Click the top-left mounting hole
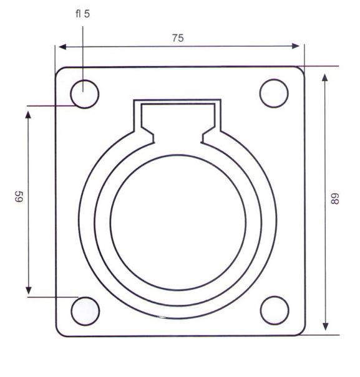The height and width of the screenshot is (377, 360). coord(84,94)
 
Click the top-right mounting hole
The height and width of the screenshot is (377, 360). coord(274,93)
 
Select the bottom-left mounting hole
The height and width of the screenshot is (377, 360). coord(85,311)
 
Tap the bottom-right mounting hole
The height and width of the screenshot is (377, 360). coord(275,310)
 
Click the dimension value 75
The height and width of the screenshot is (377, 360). coord(178,38)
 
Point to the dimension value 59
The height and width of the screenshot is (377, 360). coord(18,199)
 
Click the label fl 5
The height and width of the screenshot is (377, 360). coord(82,13)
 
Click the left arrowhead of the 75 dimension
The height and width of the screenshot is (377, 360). coord(61,46)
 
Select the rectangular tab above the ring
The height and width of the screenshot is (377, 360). coord(179,116)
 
